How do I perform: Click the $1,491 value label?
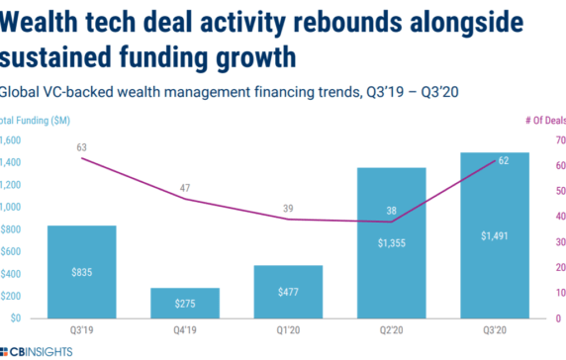pyautogui.click(x=494, y=235)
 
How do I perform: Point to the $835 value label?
pyautogui.click(x=81, y=272)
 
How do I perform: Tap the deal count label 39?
pyautogui.click(x=287, y=206)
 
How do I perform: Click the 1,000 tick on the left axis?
pyautogui.click(x=9, y=207)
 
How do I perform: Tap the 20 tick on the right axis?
pyautogui.click(x=558, y=268)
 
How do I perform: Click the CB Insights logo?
pyautogui.click(x=37, y=352)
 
